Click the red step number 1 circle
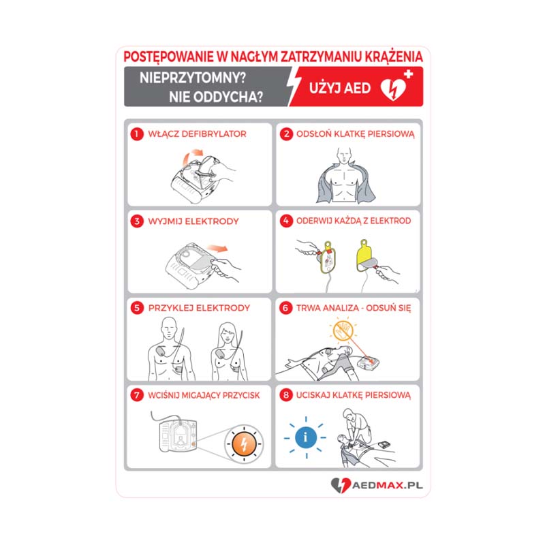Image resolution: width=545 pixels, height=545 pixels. point(137,134)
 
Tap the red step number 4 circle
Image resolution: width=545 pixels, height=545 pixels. point(286,221)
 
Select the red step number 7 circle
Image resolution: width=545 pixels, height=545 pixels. point(137,395)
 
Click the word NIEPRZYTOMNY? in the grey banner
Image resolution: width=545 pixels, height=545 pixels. point(193,78)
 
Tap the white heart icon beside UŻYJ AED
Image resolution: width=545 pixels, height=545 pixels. point(393,89)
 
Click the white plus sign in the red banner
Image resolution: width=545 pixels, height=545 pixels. point(408,74)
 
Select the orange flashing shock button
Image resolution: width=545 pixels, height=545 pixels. point(244,444)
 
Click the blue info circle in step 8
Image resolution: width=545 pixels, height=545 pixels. point(306,437)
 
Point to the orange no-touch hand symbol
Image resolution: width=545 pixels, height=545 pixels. point(343,330)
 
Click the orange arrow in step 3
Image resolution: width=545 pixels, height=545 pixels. point(217,248)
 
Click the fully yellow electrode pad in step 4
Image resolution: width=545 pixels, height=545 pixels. point(366,256)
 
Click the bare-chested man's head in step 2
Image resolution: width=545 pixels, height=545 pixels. point(344,155)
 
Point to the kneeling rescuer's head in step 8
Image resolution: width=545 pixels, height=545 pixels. point(349,414)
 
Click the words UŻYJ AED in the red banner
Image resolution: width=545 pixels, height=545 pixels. point(340,89)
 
